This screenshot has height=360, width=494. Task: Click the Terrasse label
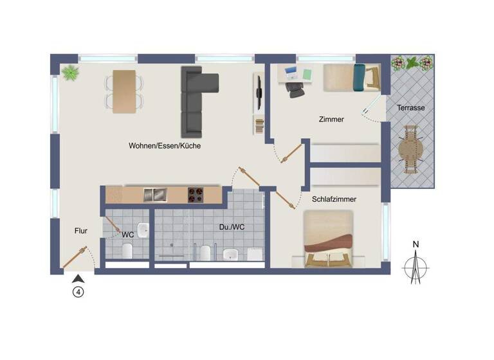[410, 108]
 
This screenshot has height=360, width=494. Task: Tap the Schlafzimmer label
[334, 199]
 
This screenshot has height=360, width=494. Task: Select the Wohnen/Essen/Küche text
[165, 146]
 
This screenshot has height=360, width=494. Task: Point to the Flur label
[80, 230]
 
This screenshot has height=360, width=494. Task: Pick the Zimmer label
[331, 120]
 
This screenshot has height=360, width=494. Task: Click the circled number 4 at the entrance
[78, 292]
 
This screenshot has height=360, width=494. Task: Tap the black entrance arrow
[78, 278]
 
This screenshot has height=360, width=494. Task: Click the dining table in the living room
[124, 91]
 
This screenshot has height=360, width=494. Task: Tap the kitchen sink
[155, 194]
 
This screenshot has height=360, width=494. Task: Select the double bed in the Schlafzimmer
[329, 239]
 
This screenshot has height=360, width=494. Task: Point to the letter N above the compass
[416, 244]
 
